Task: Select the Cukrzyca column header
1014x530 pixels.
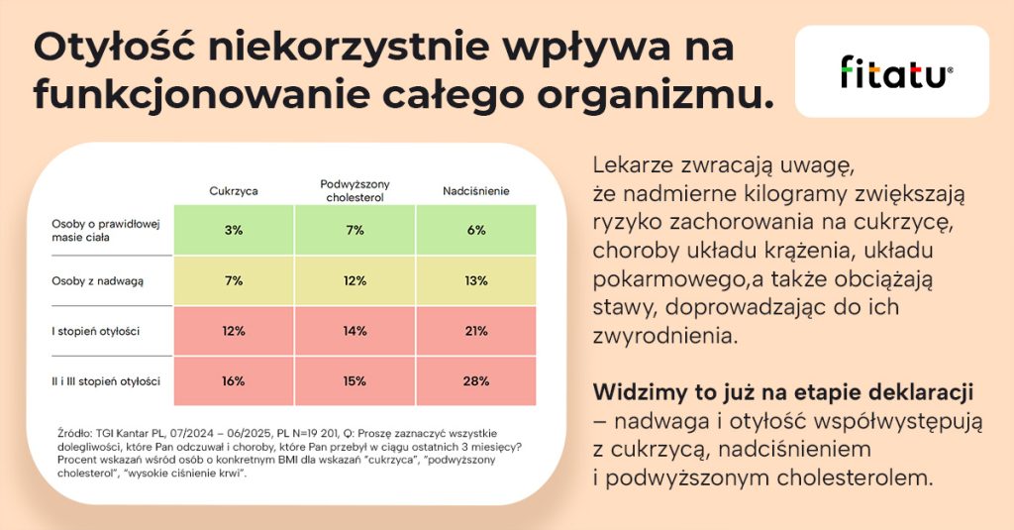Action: pos(234,190)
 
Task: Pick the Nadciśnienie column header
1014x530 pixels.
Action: pos(476,190)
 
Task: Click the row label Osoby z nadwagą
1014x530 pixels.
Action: pos(98,281)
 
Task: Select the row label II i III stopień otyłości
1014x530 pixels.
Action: pos(106,381)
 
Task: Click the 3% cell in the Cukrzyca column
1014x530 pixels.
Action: pos(234,231)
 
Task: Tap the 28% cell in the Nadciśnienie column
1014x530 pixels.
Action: pos(476,381)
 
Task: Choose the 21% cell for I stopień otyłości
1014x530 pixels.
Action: pos(476,331)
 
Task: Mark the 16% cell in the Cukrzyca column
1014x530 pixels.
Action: pos(234,381)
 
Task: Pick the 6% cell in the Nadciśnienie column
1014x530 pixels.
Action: pos(476,231)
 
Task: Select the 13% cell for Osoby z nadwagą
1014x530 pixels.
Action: pos(476,281)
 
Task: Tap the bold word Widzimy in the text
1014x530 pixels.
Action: pos(639,393)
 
